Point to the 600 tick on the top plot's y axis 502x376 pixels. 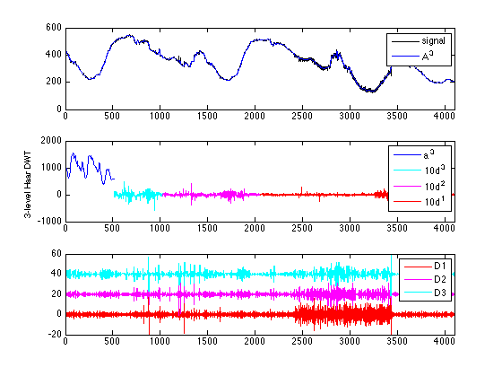tap(53, 29)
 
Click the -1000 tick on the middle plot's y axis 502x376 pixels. tap(48, 220)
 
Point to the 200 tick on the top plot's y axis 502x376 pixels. tap(53, 81)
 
